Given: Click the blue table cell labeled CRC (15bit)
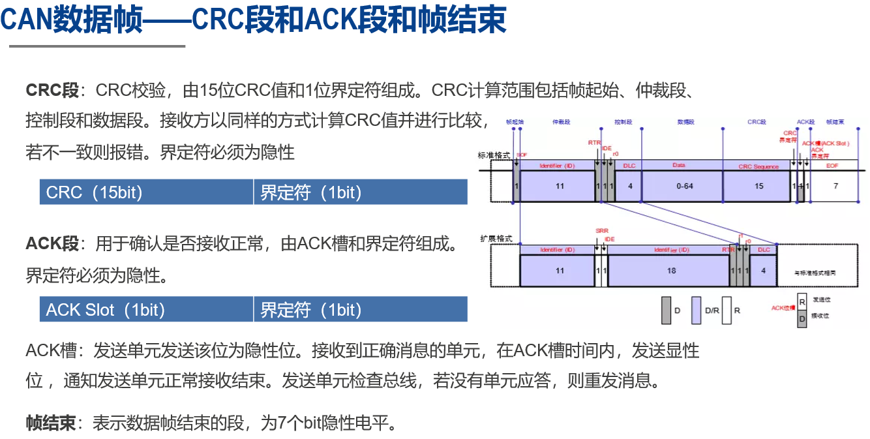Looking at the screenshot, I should tap(146, 192).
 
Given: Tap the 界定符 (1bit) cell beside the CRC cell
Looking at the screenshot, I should tap(360, 192).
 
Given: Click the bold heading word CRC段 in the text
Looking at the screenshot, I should tap(52, 90).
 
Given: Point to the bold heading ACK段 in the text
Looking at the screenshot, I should tap(52, 244).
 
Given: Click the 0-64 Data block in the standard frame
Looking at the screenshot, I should tap(684, 186).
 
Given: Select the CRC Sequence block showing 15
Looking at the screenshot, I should tap(758, 186).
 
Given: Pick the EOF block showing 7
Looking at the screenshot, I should tap(835, 186).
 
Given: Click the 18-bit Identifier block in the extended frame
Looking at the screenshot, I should tap(670, 270).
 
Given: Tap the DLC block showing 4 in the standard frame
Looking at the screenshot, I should tap(629, 186).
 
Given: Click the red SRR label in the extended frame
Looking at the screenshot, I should tap(601, 231).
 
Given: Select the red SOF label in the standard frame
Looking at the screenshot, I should tap(521, 155).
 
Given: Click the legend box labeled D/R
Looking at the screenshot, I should tap(696, 310).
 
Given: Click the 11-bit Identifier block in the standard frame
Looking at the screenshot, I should tap(559, 186).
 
